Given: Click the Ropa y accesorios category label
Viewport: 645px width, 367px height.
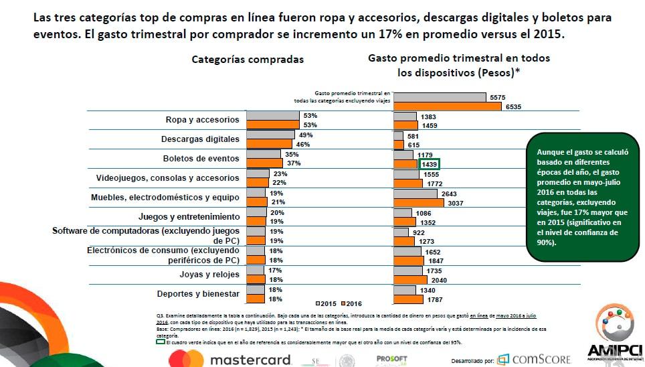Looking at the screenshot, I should (x=202, y=120).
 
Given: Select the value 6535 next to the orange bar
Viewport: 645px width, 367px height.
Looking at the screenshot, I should (x=513, y=106).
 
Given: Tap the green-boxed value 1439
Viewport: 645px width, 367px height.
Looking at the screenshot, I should (x=428, y=164).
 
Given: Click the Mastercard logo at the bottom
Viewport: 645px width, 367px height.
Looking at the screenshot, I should (x=231, y=360).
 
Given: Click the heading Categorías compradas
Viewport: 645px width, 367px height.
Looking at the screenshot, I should (x=248, y=59).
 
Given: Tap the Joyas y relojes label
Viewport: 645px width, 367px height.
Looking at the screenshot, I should (x=209, y=275).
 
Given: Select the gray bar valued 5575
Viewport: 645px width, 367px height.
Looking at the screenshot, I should (x=440, y=97).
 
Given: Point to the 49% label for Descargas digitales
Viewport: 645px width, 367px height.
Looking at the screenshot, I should (x=306, y=135).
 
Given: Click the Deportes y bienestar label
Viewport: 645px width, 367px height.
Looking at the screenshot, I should (x=198, y=294).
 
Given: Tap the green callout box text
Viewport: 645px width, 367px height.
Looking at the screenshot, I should (x=582, y=198).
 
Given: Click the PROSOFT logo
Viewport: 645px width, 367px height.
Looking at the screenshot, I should (x=391, y=360).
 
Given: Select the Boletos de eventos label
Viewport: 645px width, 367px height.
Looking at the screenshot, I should (x=201, y=159).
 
